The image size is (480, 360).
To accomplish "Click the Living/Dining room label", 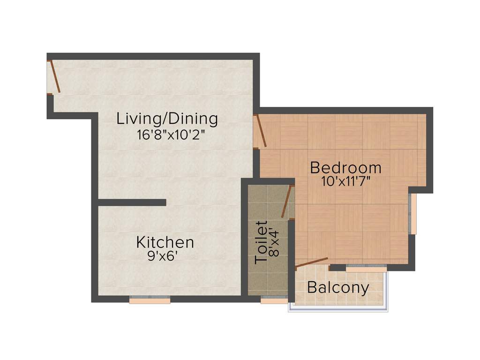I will pyautogui.click(x=167, y=119).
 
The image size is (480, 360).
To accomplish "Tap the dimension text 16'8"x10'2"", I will pyautogui.click(x=171, y=135).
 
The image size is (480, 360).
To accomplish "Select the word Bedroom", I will pyautogui.click(x=345, y=167).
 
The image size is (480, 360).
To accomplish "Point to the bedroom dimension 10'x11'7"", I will pyautogui.click(x=346, y=182).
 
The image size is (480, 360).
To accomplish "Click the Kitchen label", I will pyautogui.click(x=165, y=242).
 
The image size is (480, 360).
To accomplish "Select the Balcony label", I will pyautogui.click(x=338, y=287).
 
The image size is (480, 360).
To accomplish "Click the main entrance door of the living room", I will pyautogui.click(x=54, y=76).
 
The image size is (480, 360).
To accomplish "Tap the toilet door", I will pyautogui.click(x=286, y=202).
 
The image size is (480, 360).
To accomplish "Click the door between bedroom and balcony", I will pyautogui.click(x=311, y=262).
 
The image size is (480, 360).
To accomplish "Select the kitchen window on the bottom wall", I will pyautogui.click(x=150, y=300).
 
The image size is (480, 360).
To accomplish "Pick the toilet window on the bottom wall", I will pyautogui.click(x=274, y=300).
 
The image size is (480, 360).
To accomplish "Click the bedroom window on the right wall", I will pyautogui.click(x=412, y=213).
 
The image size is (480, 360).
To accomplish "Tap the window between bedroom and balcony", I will pyautogui.click(x=366, y=268).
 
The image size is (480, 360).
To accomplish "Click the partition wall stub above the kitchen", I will pyautogui.click(x=132, y=202).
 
